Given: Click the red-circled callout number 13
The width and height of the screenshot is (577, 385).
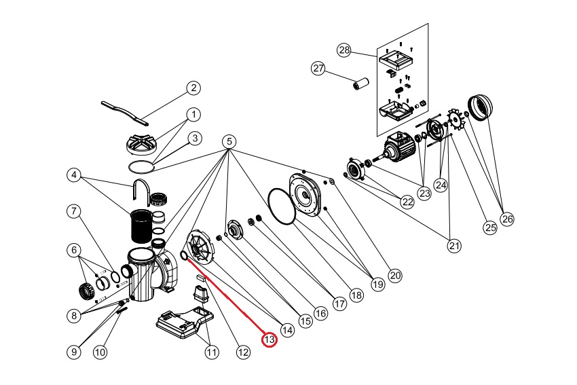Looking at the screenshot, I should (x=270, y=339).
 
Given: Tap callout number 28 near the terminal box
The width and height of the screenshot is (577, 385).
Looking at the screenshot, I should (x=344, y=50).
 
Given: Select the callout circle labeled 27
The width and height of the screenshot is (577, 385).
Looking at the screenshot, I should (x=318, y=68).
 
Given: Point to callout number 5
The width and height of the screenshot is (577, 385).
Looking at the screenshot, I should (x=229, y=142).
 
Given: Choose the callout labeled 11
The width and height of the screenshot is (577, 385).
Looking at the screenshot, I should (x=212, y=352).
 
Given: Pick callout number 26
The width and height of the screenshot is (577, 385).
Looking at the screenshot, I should (x=507, y=219).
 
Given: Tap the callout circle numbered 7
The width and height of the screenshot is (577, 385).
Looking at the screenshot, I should (x=74, y=210).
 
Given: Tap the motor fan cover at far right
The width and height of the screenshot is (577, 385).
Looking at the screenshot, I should (x=481, y=108).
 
